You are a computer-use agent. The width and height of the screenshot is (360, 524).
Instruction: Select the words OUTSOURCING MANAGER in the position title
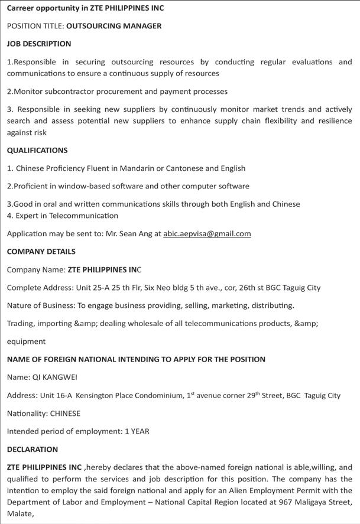click(113, 26)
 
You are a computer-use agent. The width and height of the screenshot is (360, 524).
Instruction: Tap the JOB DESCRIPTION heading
click(39, 44)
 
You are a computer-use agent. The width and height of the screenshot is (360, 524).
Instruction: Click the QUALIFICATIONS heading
click(37, 150)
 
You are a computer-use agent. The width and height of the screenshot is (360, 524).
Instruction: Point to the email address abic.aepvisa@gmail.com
click(207, 233)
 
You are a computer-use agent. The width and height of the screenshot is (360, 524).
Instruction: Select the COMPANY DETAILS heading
click(41, 252)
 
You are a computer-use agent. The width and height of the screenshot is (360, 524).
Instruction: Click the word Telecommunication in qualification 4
click(83, 216)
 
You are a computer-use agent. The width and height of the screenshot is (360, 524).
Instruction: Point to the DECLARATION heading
click(33, 449)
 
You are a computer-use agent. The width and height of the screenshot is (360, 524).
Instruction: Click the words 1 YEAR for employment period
click(137, 431)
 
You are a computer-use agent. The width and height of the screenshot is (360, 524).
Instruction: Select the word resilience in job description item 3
click(333, 121)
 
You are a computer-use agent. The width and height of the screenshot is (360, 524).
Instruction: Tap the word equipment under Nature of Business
click(26, 341)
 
